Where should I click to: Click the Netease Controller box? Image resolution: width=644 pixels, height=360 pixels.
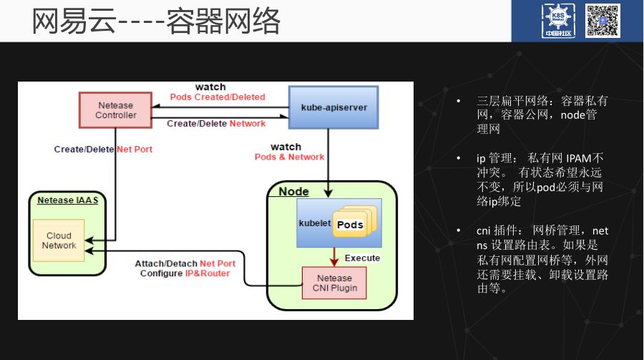coord(115,110)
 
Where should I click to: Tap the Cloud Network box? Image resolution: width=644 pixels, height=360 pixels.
coord(59,240)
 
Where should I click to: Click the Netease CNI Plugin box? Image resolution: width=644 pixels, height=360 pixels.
coord(334,283)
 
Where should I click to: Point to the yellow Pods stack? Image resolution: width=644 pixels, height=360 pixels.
coord(350,224)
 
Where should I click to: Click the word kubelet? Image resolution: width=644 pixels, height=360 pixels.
coord(314,223)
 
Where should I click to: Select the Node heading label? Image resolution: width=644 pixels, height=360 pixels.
coord(293,191)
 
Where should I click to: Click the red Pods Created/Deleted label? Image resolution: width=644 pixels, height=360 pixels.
coord(218,97)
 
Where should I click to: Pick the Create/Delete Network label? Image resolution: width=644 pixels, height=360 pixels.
coord(216,124)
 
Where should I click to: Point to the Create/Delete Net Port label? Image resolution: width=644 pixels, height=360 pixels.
coord(103,150)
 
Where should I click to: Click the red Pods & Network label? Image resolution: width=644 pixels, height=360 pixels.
coord(289,157)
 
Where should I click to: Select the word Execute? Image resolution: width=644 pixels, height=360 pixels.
coord(362,258)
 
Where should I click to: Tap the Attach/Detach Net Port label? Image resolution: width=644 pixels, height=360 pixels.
coord(185,263)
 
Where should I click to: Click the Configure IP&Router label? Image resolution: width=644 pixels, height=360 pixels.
coord(185,273)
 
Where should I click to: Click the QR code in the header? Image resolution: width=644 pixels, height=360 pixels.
coord(603,21)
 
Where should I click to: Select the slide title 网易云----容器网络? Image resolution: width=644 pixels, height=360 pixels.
coord(156,21)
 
